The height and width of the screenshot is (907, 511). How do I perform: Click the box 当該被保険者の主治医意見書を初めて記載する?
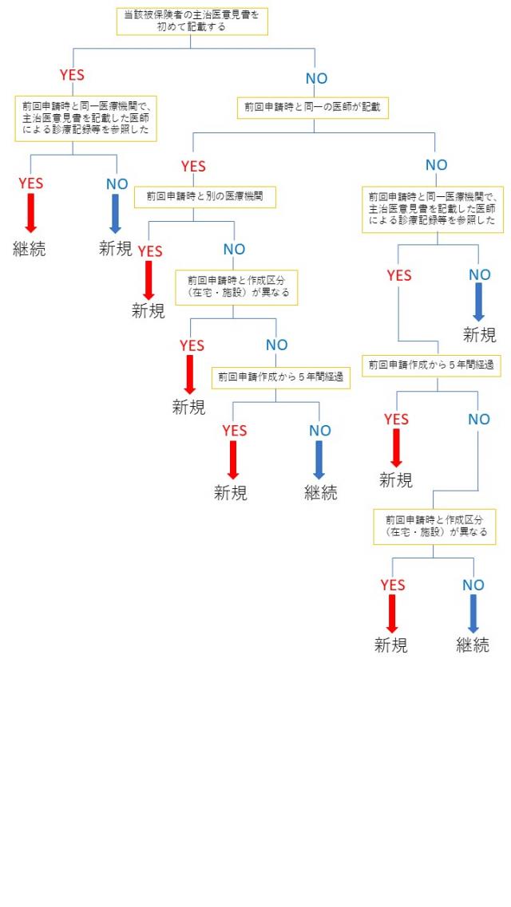(x=192, y=21)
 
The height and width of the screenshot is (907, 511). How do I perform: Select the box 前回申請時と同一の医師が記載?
(x=313, y=107)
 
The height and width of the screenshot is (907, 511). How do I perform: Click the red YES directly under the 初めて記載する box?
(x=73, y=75)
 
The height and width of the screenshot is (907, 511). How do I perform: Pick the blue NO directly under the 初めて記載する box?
(x=316, y=78)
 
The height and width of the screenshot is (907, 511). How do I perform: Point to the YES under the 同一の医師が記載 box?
(x=193, y=166)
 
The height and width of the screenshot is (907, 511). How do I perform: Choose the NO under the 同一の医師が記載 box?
(x=436, y=165)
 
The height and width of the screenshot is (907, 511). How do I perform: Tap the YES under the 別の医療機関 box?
(x=149, y=251)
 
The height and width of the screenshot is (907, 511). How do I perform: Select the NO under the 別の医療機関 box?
(x=234, y=250)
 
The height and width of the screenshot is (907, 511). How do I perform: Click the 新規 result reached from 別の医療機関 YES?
(x=149, y=311)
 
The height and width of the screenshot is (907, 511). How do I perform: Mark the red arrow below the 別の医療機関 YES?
(x=149, y=280)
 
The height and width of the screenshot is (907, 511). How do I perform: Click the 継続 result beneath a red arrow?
(x=30, y=248)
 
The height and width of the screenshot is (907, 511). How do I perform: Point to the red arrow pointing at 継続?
(x=30, y=212)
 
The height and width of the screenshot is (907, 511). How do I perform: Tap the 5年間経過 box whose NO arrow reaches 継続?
(x=281, y=377)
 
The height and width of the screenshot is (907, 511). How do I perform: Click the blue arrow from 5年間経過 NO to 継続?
(x=319, y=459)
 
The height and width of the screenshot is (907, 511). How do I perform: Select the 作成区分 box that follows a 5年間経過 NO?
(x=435, y=526)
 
